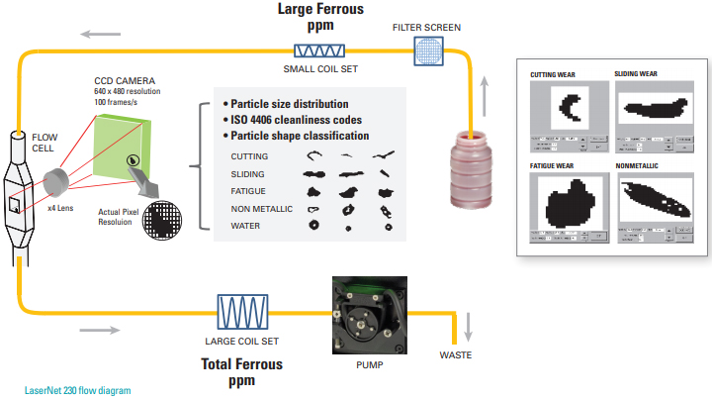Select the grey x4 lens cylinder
[x=57, y=183]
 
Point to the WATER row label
[x=246, y=226]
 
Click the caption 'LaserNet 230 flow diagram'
[x=77, y=390]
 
